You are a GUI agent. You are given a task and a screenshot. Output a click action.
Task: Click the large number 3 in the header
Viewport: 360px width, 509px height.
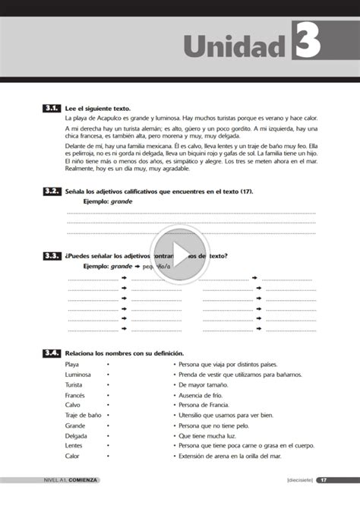click(x=308, y=40)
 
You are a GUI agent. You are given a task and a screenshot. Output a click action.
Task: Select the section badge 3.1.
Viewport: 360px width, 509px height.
click(x=52, y=109)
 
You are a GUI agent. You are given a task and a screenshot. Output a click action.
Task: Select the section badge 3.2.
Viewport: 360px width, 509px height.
click(x=52, y=191)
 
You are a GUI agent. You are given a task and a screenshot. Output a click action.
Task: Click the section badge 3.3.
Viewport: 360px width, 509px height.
click(x=52, y=256)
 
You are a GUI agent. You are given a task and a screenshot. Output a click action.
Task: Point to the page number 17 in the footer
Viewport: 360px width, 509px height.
click(x=324, y=480)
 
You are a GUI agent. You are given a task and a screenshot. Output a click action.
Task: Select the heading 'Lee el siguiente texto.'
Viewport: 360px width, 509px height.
click(x=98, y=109)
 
